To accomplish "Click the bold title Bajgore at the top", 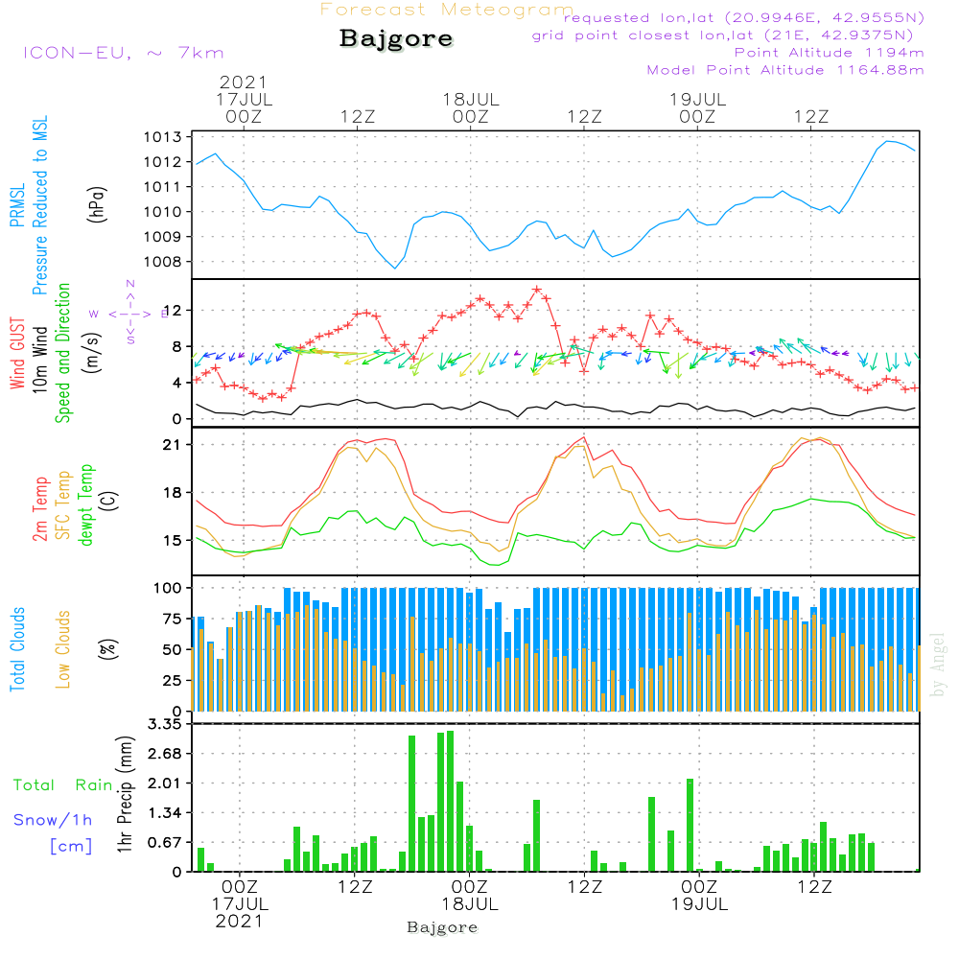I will click(396, 40).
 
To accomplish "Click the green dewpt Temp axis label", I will click(87, 505).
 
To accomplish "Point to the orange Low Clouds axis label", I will click(64, 648).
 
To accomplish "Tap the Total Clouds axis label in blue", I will click(18, 649).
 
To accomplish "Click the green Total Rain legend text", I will click(63, 784).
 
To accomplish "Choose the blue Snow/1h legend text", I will click(54, 820).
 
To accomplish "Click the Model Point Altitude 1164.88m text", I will click(785, 70).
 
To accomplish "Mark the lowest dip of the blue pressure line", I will click(395, 268).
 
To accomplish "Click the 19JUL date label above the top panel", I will click(697, 99).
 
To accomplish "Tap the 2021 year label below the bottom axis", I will click(238, 920).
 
